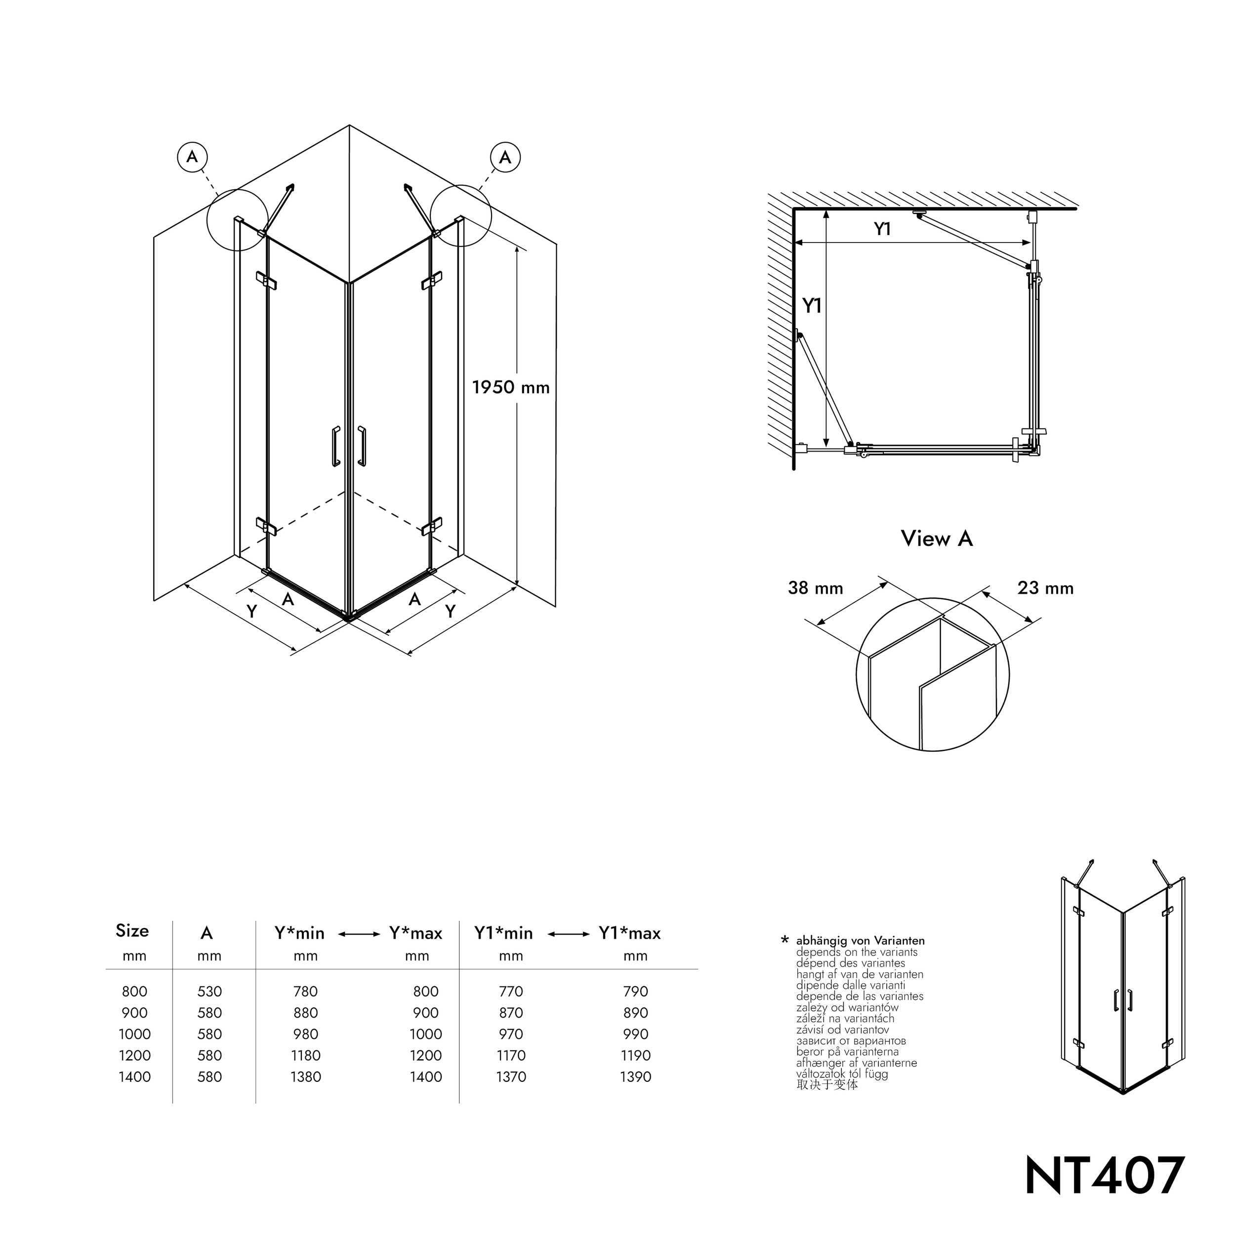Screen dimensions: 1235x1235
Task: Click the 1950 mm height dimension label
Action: pos(510,387)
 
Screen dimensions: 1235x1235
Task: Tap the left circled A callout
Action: pos(192,157)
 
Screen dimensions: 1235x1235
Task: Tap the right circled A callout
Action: pos(505,157)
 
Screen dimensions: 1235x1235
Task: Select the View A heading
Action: pos(937,539)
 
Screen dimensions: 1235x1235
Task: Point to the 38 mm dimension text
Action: pos(815,588)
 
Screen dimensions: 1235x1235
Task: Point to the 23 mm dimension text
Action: pos(1045,588)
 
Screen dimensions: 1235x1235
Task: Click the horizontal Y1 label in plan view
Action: pos(882,229)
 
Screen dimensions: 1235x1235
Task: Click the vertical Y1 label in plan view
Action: pos(812,306)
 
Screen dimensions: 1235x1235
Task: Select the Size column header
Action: pos(132,931)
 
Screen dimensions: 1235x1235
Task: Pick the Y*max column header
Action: pos(415,933)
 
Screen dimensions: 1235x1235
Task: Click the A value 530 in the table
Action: pos(209,991)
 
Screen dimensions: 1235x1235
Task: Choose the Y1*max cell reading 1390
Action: pos(635,1076)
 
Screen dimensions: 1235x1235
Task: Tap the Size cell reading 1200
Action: pos(134,1055)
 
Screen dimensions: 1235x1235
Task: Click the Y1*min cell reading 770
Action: pos(511,991)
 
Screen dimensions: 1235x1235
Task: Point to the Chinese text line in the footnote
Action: pos(826,1085)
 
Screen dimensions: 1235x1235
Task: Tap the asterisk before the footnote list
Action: pos(785,940)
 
